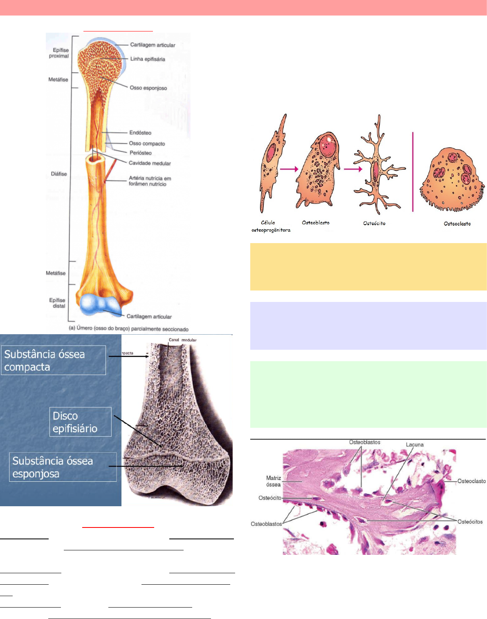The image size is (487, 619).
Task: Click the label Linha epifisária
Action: point(148,59)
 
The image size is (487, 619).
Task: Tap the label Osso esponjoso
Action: point(148,88)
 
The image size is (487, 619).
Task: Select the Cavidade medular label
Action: point(150,163)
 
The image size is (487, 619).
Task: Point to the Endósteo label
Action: point(140,133)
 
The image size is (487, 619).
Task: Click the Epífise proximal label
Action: point(59,53)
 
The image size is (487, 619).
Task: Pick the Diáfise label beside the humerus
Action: point(59,174)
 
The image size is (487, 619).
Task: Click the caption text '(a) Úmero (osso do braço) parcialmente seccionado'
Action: point(128,329)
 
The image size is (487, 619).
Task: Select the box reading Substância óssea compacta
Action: point(53,360)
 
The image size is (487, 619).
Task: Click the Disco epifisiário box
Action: point(80,422)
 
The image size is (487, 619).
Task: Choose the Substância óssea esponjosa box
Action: point(63,467)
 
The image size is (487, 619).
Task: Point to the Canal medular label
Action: point(182,340)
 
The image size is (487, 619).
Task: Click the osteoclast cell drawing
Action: point(452,180)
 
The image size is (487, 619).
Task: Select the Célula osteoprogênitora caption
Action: point(271,226)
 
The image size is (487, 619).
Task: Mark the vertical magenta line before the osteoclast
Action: point(413,172)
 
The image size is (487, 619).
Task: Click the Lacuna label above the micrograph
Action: point(415,445)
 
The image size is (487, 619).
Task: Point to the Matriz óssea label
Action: point(273,481)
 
